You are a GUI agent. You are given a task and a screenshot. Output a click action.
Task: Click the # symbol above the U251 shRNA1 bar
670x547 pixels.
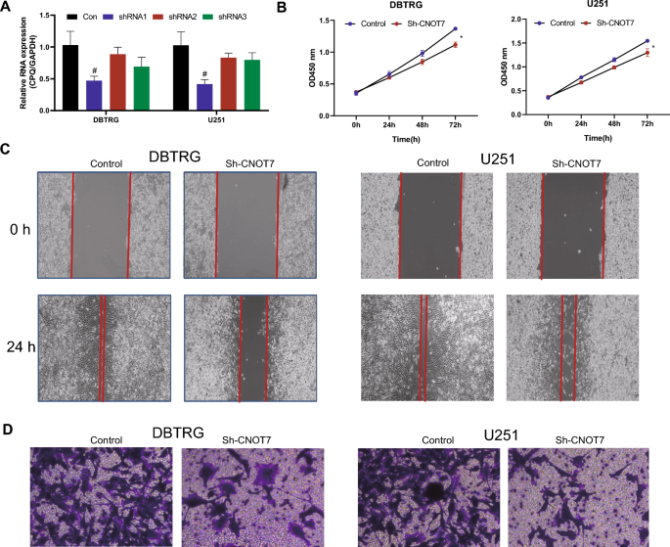(x=204, y=72)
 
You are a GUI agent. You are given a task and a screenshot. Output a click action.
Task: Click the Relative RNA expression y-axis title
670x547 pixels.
(x=13, y=63)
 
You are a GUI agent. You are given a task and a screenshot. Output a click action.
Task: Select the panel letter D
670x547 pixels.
(x=8, y=431)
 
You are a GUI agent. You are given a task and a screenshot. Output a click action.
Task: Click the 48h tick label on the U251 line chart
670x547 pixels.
(x=613, y=125)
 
